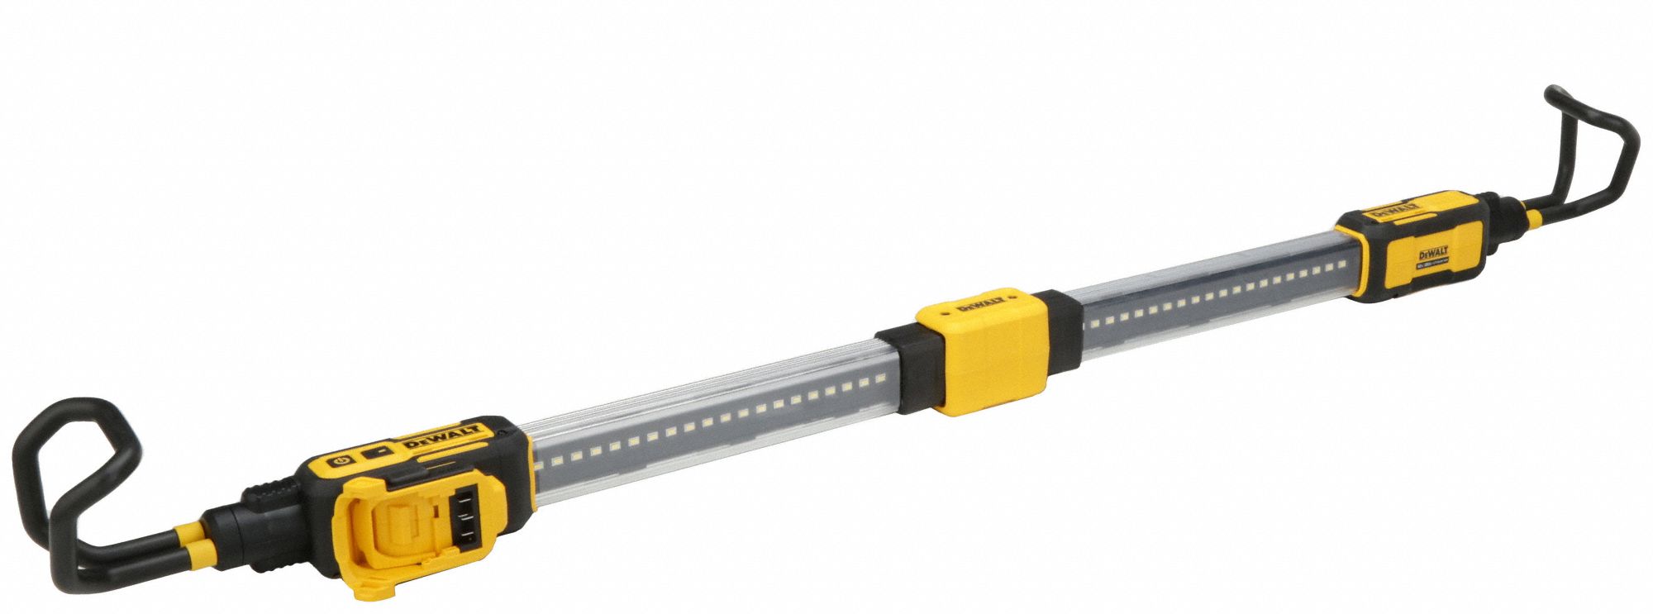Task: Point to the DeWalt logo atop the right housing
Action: (x=1391, y=208)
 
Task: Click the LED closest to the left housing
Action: (x=539, y=466)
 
